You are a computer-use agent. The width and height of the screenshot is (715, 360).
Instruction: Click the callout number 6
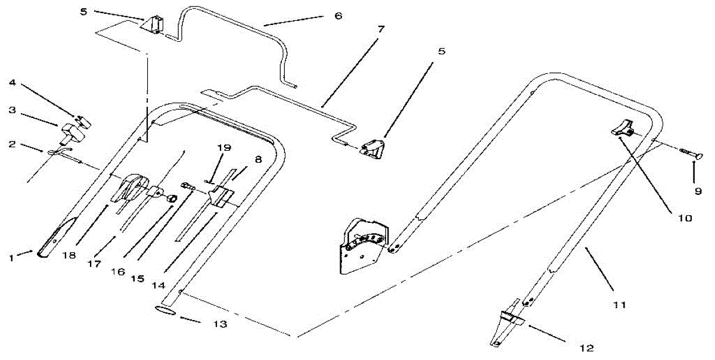click(338, 16)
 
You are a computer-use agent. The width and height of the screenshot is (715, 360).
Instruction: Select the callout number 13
click(220, 325)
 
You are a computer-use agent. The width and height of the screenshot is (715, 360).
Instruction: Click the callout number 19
click(226, 147)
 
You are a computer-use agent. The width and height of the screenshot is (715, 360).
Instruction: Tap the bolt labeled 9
click(691, 154)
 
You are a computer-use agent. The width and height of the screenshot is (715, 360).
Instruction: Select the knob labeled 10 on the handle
click(622, 127)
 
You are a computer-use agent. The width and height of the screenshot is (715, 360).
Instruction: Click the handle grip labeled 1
click(55, 238)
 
